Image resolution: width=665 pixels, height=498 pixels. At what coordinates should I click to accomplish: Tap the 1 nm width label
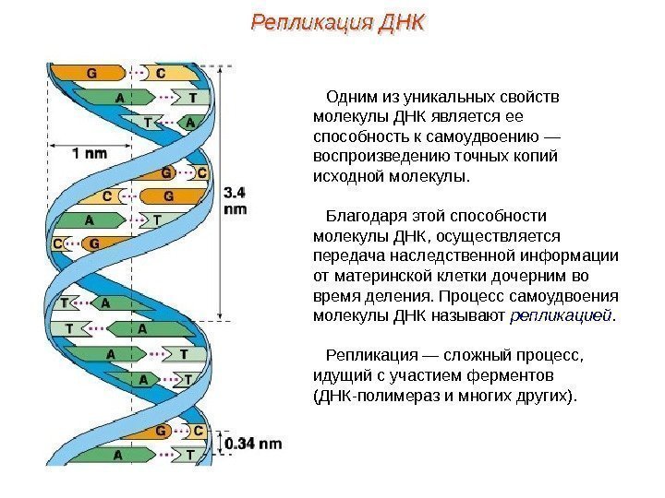click(89, 155)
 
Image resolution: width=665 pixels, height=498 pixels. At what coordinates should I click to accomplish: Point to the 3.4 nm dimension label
click(235, 201)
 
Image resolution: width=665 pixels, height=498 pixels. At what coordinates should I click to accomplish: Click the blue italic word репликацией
click(561, 316)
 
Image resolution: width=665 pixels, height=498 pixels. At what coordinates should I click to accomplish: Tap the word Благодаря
click(363, 216)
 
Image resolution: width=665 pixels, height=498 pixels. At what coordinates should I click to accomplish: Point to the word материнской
click(378, 276)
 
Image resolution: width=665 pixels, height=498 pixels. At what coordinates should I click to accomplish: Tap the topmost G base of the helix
click(91, 72)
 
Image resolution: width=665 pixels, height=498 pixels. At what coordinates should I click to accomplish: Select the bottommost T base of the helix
click(189, 455)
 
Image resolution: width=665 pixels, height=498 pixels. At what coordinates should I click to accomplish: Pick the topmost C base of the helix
click(160, 72)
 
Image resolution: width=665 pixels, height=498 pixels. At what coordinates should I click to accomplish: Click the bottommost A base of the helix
click(117, 455)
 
